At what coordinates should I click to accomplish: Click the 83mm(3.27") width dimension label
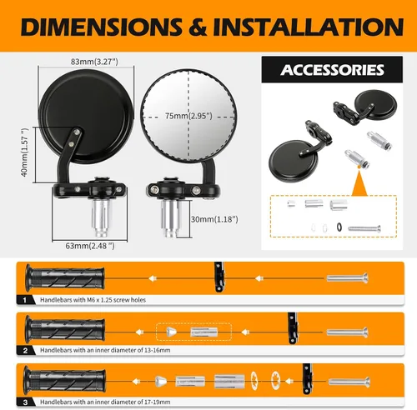94,62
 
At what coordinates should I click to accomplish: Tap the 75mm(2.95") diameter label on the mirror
188,116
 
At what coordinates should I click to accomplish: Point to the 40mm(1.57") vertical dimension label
25,152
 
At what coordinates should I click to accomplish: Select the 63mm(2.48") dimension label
90,246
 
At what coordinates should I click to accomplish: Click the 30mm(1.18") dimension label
214,219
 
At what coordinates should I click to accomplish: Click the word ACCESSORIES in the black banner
332,70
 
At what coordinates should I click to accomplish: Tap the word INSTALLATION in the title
309,27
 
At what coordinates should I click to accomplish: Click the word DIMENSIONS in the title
102,27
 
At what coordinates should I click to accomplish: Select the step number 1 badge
25,300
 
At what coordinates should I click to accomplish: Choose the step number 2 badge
25,351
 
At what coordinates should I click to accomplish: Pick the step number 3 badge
25,402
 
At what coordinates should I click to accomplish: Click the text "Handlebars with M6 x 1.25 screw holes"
93,300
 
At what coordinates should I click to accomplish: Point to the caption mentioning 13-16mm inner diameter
105,350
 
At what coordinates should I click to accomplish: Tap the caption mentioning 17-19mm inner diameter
105,402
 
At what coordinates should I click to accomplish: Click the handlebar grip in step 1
65,278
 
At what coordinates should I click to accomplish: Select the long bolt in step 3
349,382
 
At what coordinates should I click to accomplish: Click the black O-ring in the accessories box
339,227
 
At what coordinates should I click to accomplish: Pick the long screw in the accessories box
364,229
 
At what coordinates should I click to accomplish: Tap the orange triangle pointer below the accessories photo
359,185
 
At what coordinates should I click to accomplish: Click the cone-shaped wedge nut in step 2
171,332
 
